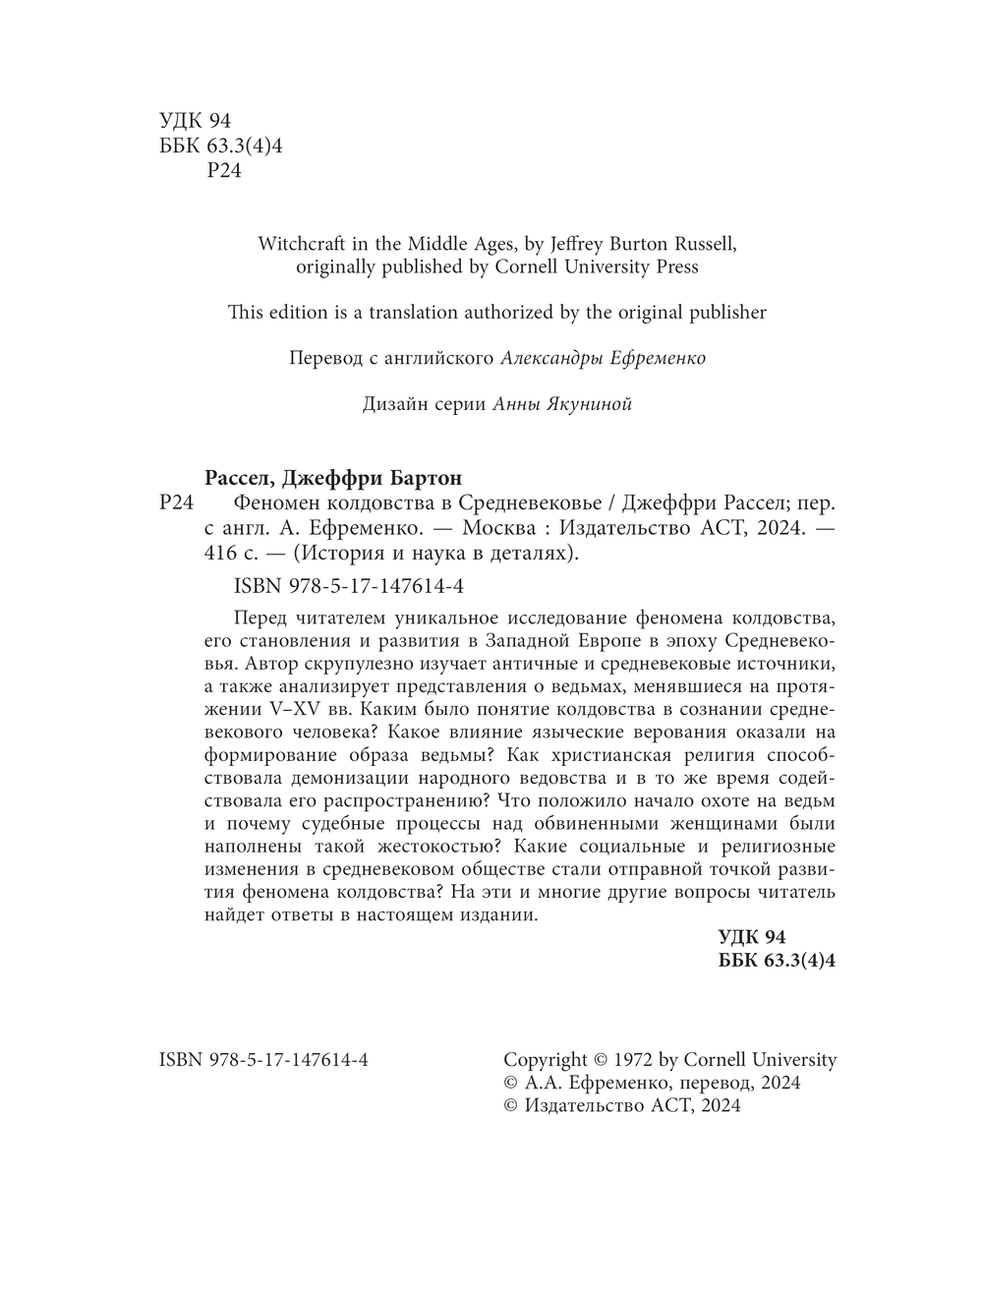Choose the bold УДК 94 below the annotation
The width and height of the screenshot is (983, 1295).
[x=753, y=937]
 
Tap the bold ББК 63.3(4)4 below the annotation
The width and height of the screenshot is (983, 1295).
[x=778, y=961]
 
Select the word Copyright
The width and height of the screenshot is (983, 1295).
[x=545, y=1060]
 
